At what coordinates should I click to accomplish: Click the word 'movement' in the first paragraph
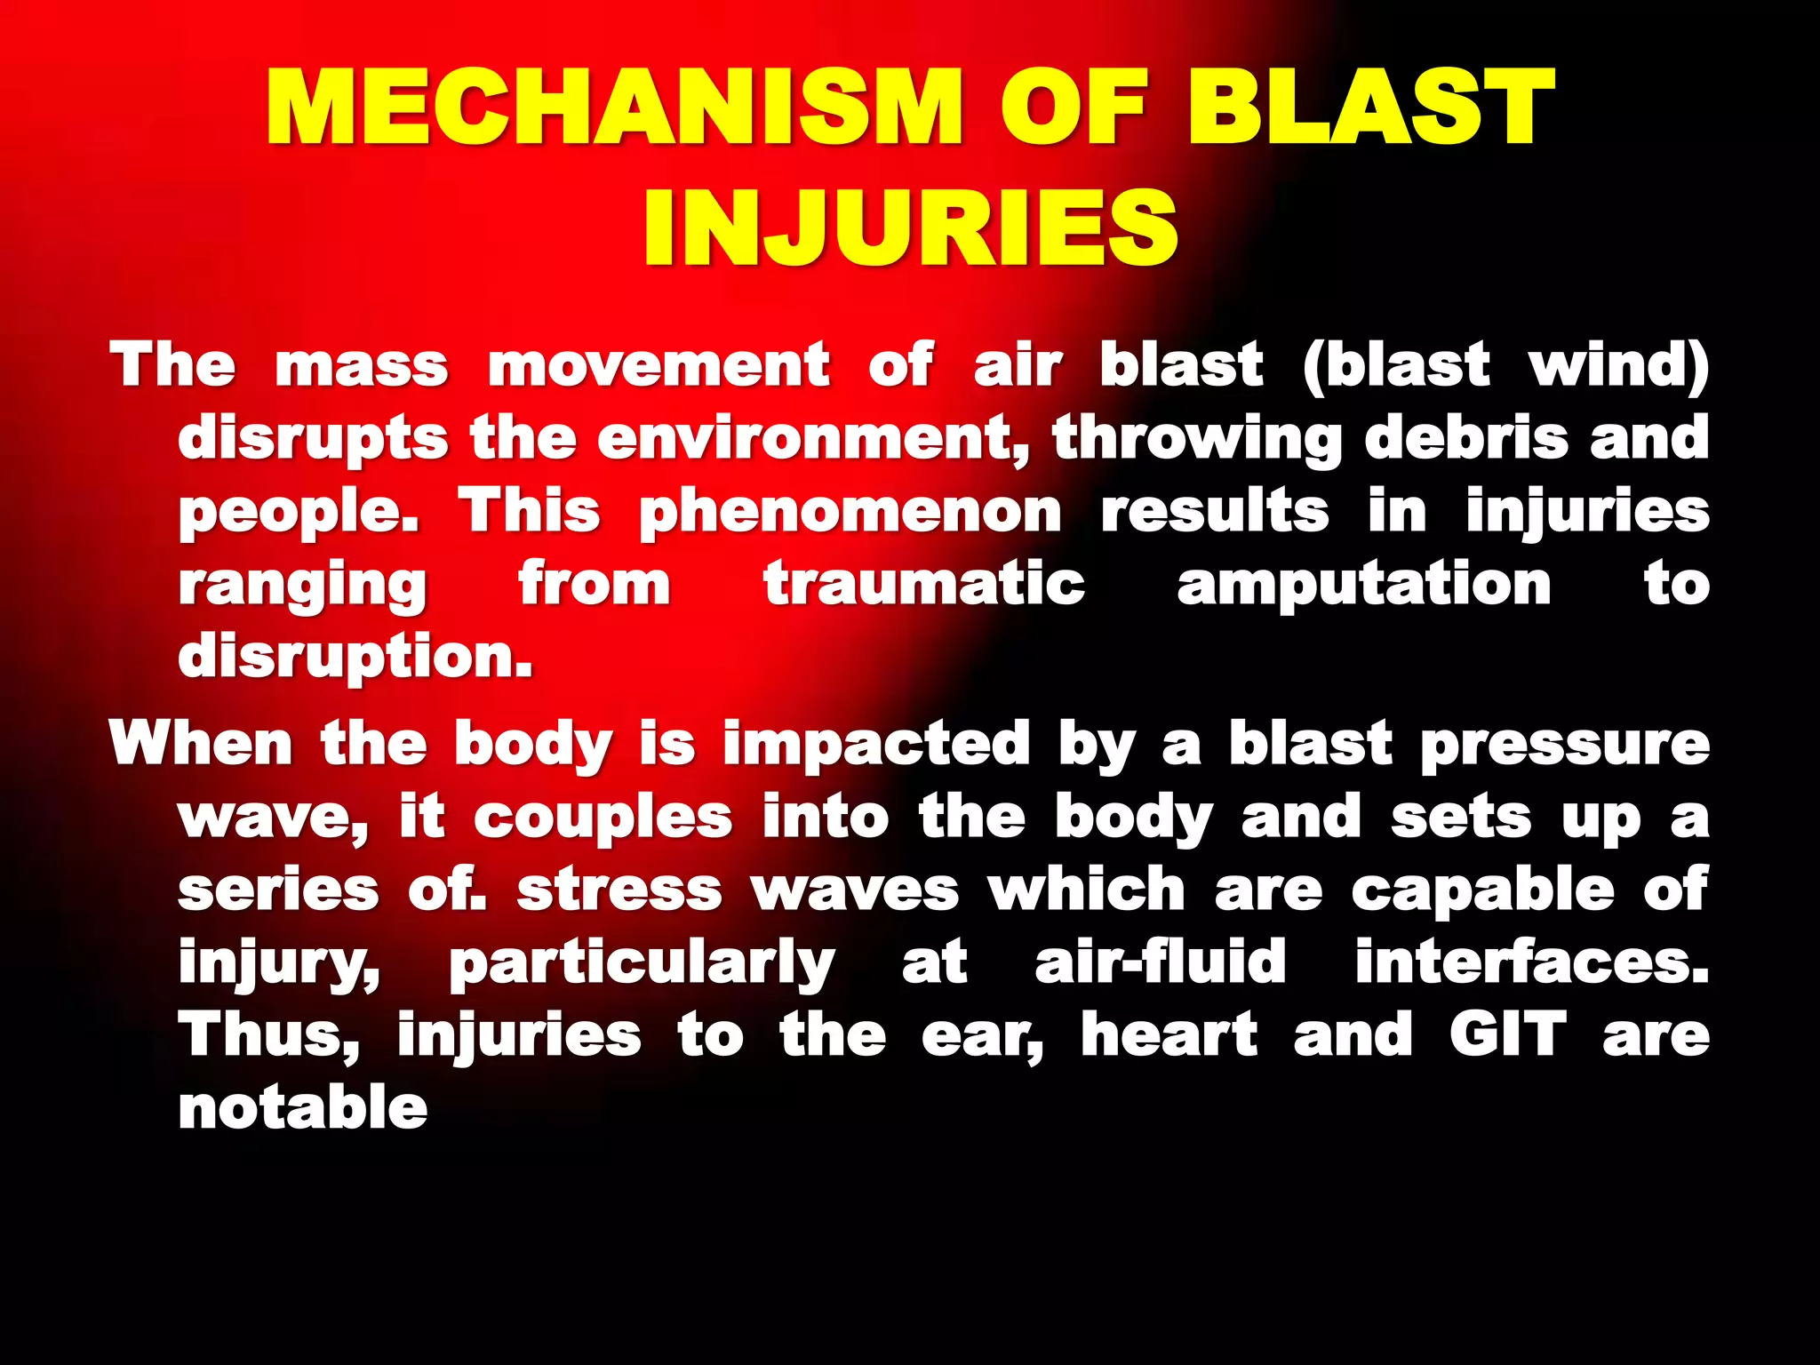[659, 365]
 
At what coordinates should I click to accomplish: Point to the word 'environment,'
[812, 439]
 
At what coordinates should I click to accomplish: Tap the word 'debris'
[1466, 439]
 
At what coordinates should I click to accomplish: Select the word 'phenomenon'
[850, 513]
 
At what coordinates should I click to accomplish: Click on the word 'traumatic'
[924, 585]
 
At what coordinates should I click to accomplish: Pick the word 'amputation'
[1364, 585]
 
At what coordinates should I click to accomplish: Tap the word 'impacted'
[876, 743]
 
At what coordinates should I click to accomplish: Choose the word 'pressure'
[1565, 745]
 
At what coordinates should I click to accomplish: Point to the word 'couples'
[603, 818]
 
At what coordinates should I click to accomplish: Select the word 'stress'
[619, 890]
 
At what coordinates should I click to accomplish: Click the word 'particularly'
[642, 964]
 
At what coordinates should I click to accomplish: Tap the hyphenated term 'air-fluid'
[1161, 962]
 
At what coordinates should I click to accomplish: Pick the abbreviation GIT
[1508, 1035]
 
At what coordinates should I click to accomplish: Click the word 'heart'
[1169, 1035]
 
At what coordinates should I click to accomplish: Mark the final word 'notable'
[303, 1108]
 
